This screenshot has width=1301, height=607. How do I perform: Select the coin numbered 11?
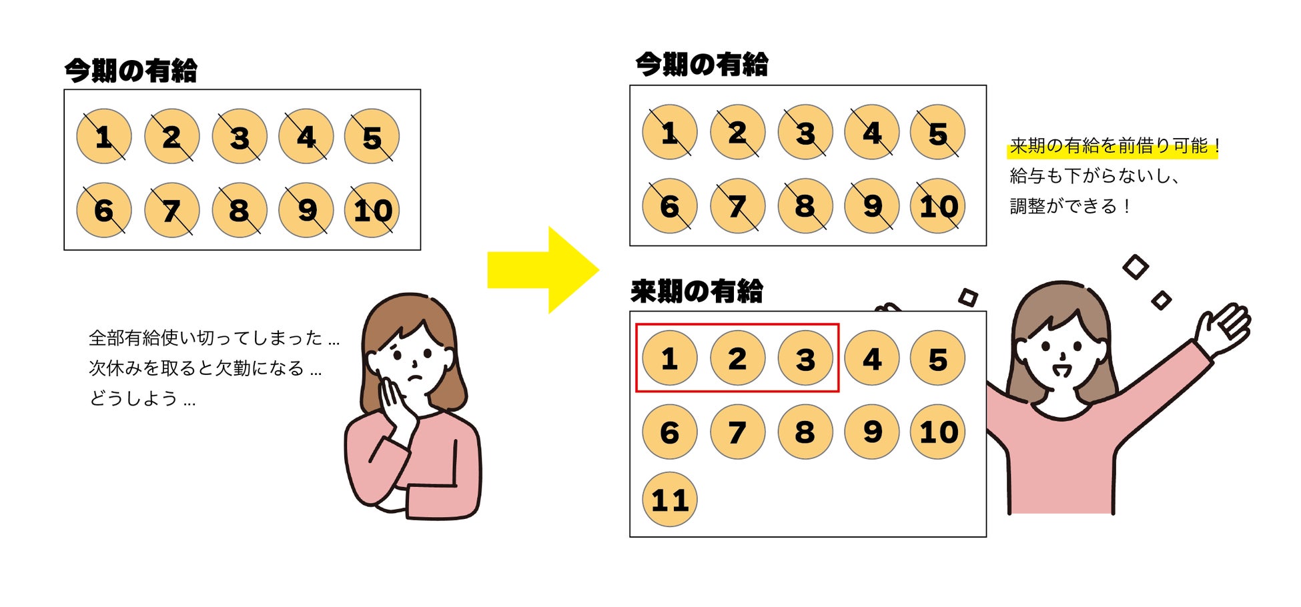point(669,500)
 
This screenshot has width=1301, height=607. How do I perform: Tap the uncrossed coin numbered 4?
point(871,359)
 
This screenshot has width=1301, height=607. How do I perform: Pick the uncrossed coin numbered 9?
point(871,432)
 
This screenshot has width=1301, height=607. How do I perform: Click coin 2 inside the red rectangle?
point(737,359)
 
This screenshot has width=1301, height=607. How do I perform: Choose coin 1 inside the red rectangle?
point(669,359)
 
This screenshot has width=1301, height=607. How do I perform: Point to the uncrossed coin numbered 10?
point(937,432)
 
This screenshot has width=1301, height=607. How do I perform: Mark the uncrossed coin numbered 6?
point(669,432)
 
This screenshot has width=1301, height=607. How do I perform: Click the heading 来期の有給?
point(697,291)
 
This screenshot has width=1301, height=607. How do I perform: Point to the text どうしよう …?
point(142,399)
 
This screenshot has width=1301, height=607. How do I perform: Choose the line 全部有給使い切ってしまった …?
point(214,338)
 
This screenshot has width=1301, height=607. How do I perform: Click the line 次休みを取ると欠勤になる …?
point(205,368)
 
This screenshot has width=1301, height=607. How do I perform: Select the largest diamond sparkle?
point(1135,267)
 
